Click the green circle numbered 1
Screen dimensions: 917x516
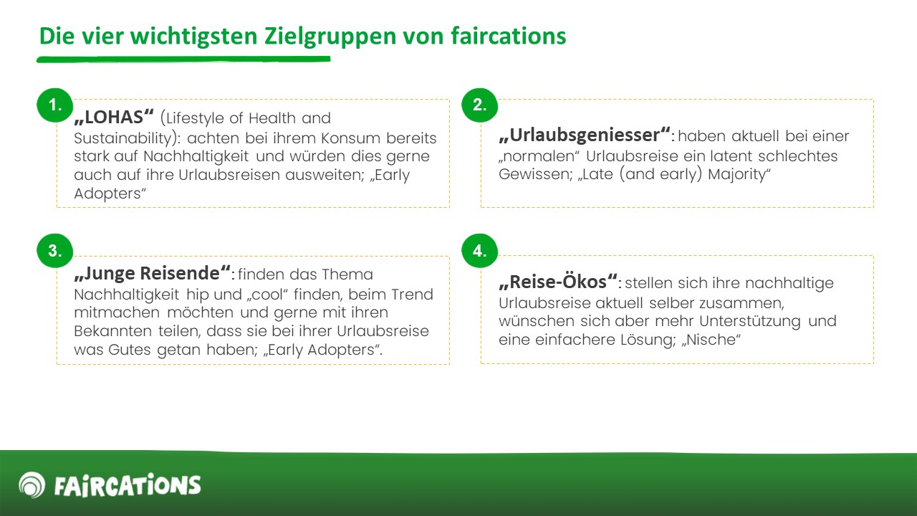tap(55, 105)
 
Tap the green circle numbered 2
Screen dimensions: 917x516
tap(480, 105)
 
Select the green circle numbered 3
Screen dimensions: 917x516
tap(55, 251)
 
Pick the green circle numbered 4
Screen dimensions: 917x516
tap(480, 251)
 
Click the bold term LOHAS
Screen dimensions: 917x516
tap(114, 117)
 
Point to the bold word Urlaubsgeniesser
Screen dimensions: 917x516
tap(585, 135)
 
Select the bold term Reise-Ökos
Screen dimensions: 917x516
tap(558, 282)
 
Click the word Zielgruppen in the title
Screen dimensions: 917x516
tap(330, 37)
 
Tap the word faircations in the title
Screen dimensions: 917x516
tap(509, 36)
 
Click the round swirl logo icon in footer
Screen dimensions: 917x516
tap(32, 485)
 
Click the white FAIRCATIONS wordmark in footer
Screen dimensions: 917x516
tap(128, 485)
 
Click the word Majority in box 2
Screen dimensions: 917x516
tap(739, 175)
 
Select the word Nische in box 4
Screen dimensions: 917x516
tap(711, 340)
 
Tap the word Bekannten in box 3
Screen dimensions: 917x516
tap(113, 331)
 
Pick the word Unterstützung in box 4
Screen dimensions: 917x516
tap(750, 322)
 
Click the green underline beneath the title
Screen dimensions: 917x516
tap(183, 59)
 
